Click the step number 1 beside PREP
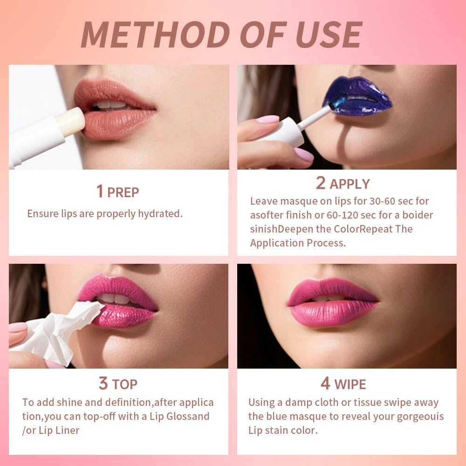[x=99, y=192]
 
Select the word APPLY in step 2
[x=349, y=184]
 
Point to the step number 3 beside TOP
[x=103, y=384]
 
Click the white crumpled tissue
[x=61, y=329]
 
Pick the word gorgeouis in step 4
[x=417, y=416]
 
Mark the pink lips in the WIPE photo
[x=333, y=303]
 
